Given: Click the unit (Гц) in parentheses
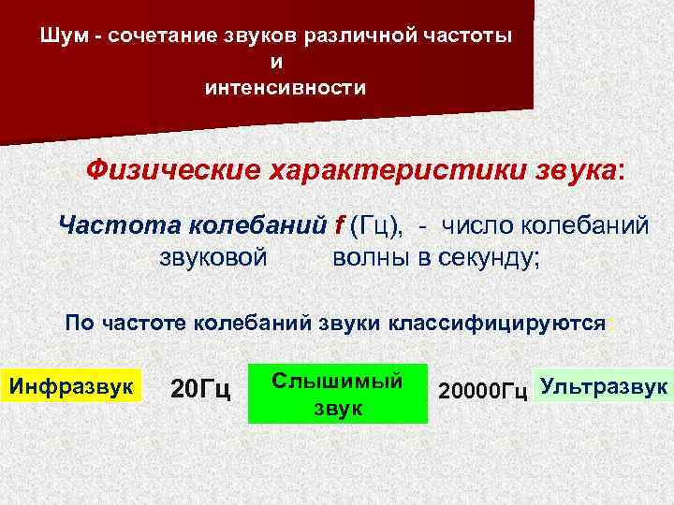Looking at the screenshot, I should point(376,225).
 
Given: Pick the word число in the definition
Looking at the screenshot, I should point(484,225).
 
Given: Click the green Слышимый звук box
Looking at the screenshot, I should point(337,394).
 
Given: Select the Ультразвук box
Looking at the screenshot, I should point(604,385).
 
